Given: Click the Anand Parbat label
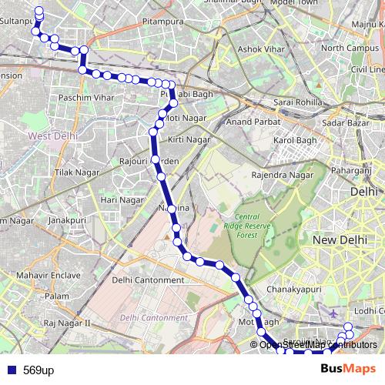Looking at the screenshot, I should click(250, 121).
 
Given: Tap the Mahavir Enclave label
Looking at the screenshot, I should click(46, 275).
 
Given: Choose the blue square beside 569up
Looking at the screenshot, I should click(11, 370).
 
